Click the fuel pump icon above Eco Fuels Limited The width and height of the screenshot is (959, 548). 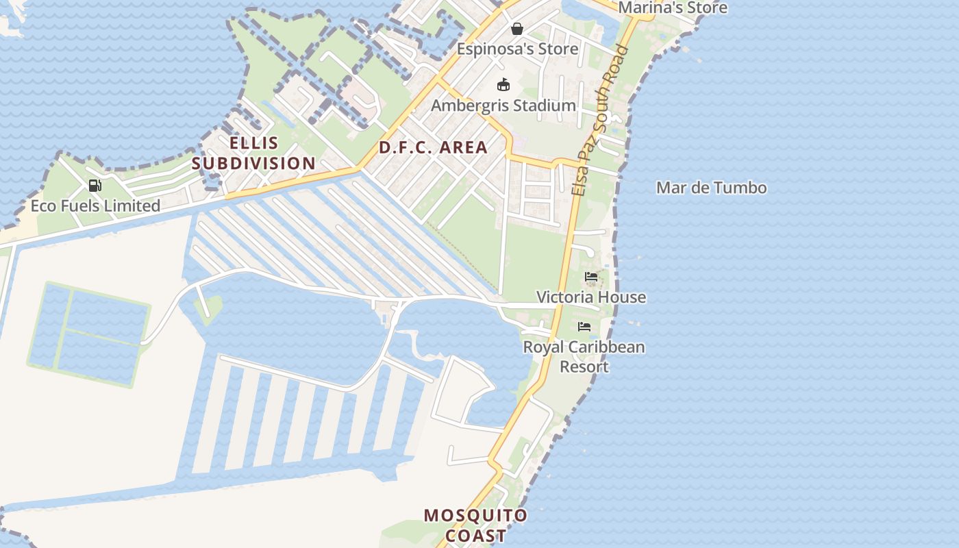click(x=95, y=185)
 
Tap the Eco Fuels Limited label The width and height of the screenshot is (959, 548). click(x=95, y=206)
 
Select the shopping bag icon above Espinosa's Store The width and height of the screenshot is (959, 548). click(x=517, y=29)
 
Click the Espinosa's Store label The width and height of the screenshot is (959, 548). click(x=517, y=49)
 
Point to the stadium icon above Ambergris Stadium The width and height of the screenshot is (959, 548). click(x=503, y=85)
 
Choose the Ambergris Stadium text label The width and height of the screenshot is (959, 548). click(x=503, y=105)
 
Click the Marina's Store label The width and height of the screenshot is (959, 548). click(x=672, y=8)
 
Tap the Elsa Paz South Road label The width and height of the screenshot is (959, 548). click(x=601, y=121)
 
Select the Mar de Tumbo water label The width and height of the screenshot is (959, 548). click(x=711, y=188)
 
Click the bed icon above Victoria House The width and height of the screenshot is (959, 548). click(x=591, y=277)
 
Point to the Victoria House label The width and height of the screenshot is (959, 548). click(x=590, y=297)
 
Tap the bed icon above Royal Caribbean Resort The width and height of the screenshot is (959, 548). click(x=584, y=327)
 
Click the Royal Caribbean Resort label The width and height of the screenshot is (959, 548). click(x=584, y=356)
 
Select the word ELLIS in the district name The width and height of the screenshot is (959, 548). click(x=254, y=143)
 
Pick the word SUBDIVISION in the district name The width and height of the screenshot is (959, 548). click(x=253, y=164)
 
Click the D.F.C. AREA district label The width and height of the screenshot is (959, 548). click(x=433, y=147)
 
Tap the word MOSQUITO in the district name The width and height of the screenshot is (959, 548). click(x=475, y=515)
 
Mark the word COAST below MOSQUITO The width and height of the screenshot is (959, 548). click(x=475, y=536)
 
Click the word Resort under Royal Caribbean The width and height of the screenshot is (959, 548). click(x=584, y=366)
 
